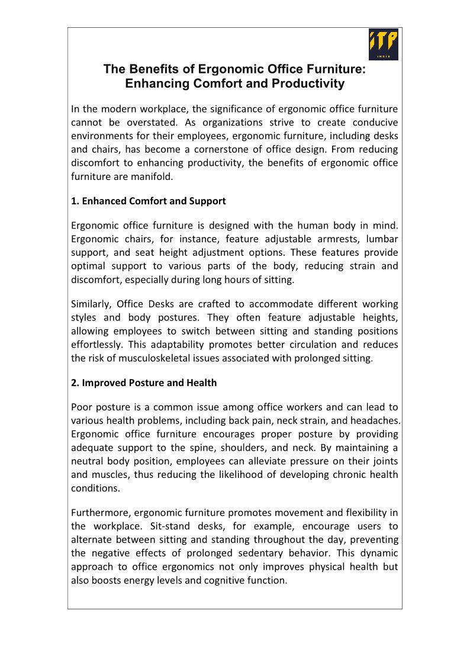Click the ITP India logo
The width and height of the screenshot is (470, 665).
coord(384,44)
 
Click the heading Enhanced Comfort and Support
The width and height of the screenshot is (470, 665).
coord(148,201)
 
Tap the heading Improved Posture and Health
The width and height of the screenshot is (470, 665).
coord(144,383)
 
